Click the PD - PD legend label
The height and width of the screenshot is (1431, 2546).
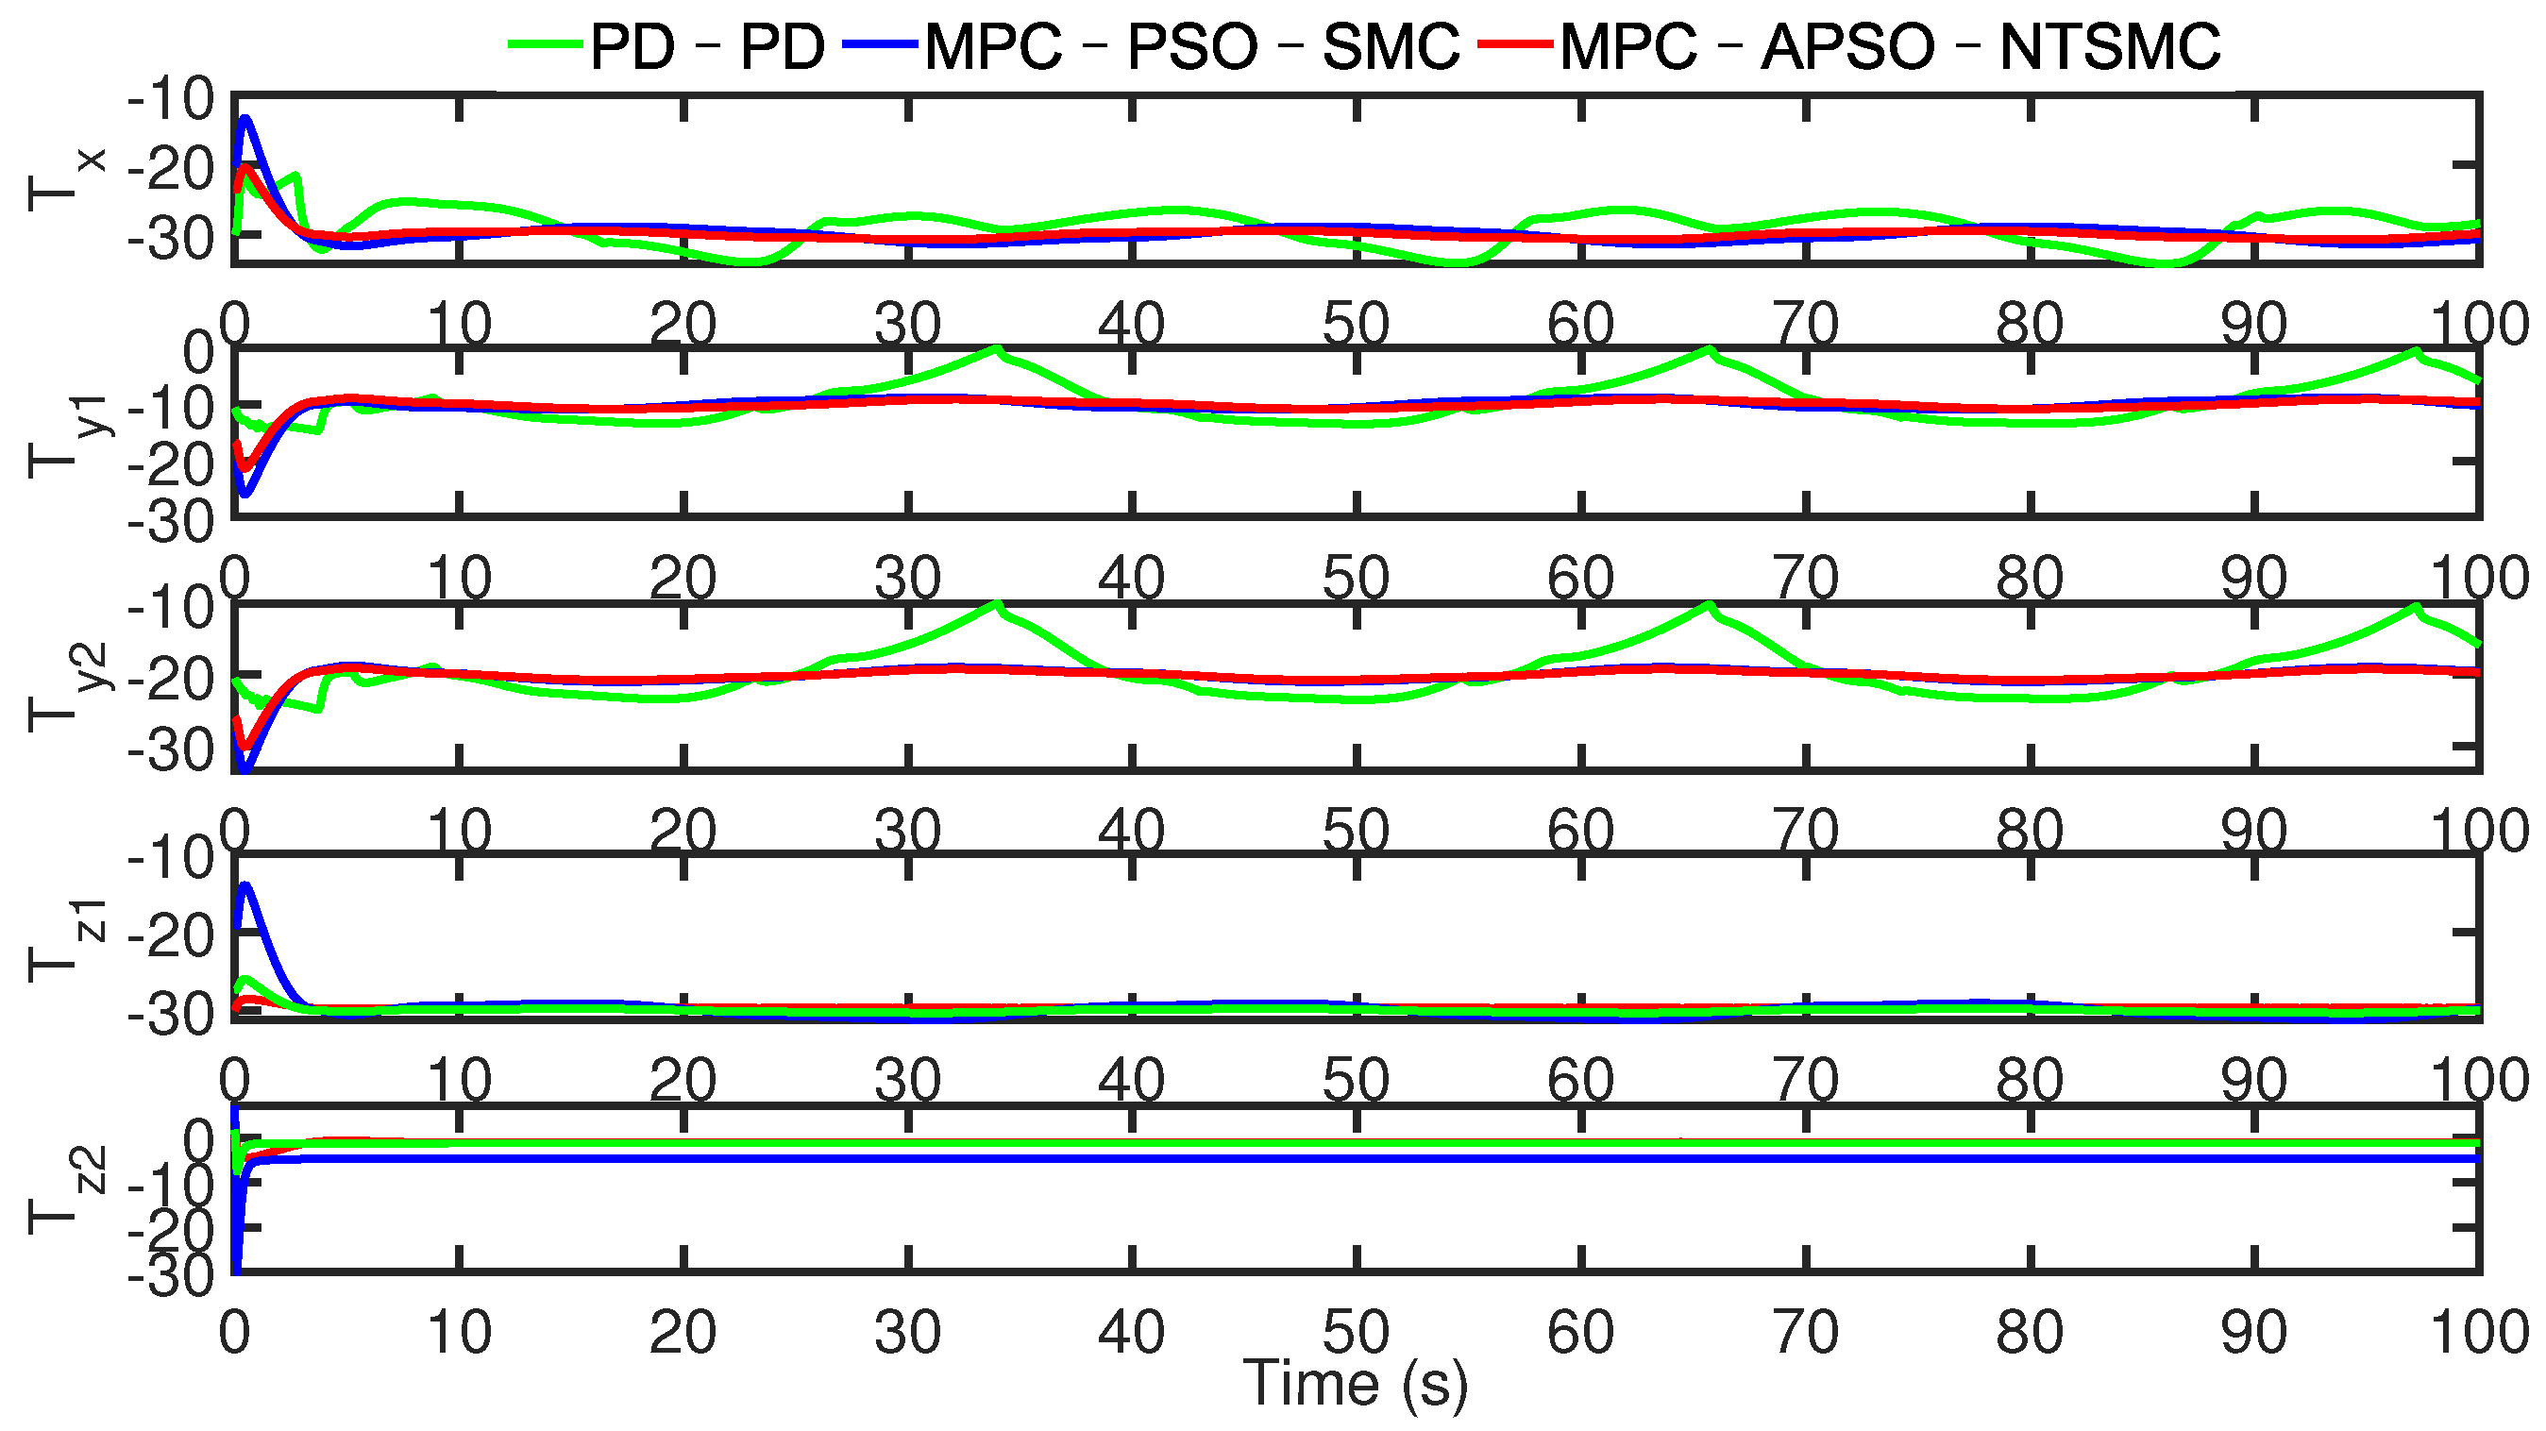click(708, 45)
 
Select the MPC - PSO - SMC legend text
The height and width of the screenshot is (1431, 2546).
click(1192, 45)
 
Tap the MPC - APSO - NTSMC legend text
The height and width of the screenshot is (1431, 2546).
click(1890, 45)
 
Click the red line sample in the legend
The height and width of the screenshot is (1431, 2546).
click(1516, 43)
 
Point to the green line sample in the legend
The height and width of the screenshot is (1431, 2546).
click(546, 43)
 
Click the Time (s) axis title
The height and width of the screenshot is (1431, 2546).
click(1356, 1384)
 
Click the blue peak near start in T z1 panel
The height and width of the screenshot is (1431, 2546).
click(245, 885)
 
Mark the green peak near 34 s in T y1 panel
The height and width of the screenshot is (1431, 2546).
click(996, 349)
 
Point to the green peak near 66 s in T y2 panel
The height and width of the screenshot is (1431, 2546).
click(1708, 604)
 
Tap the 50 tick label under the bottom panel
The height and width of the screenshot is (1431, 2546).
click(1356, 1332)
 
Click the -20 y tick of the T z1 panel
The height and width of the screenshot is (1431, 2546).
click(170, 934)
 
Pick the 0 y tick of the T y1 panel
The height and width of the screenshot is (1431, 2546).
click(197, 352)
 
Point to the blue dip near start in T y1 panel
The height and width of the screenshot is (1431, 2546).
click(244, 494)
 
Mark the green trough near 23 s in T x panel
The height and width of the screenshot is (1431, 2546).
click(751, 261)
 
